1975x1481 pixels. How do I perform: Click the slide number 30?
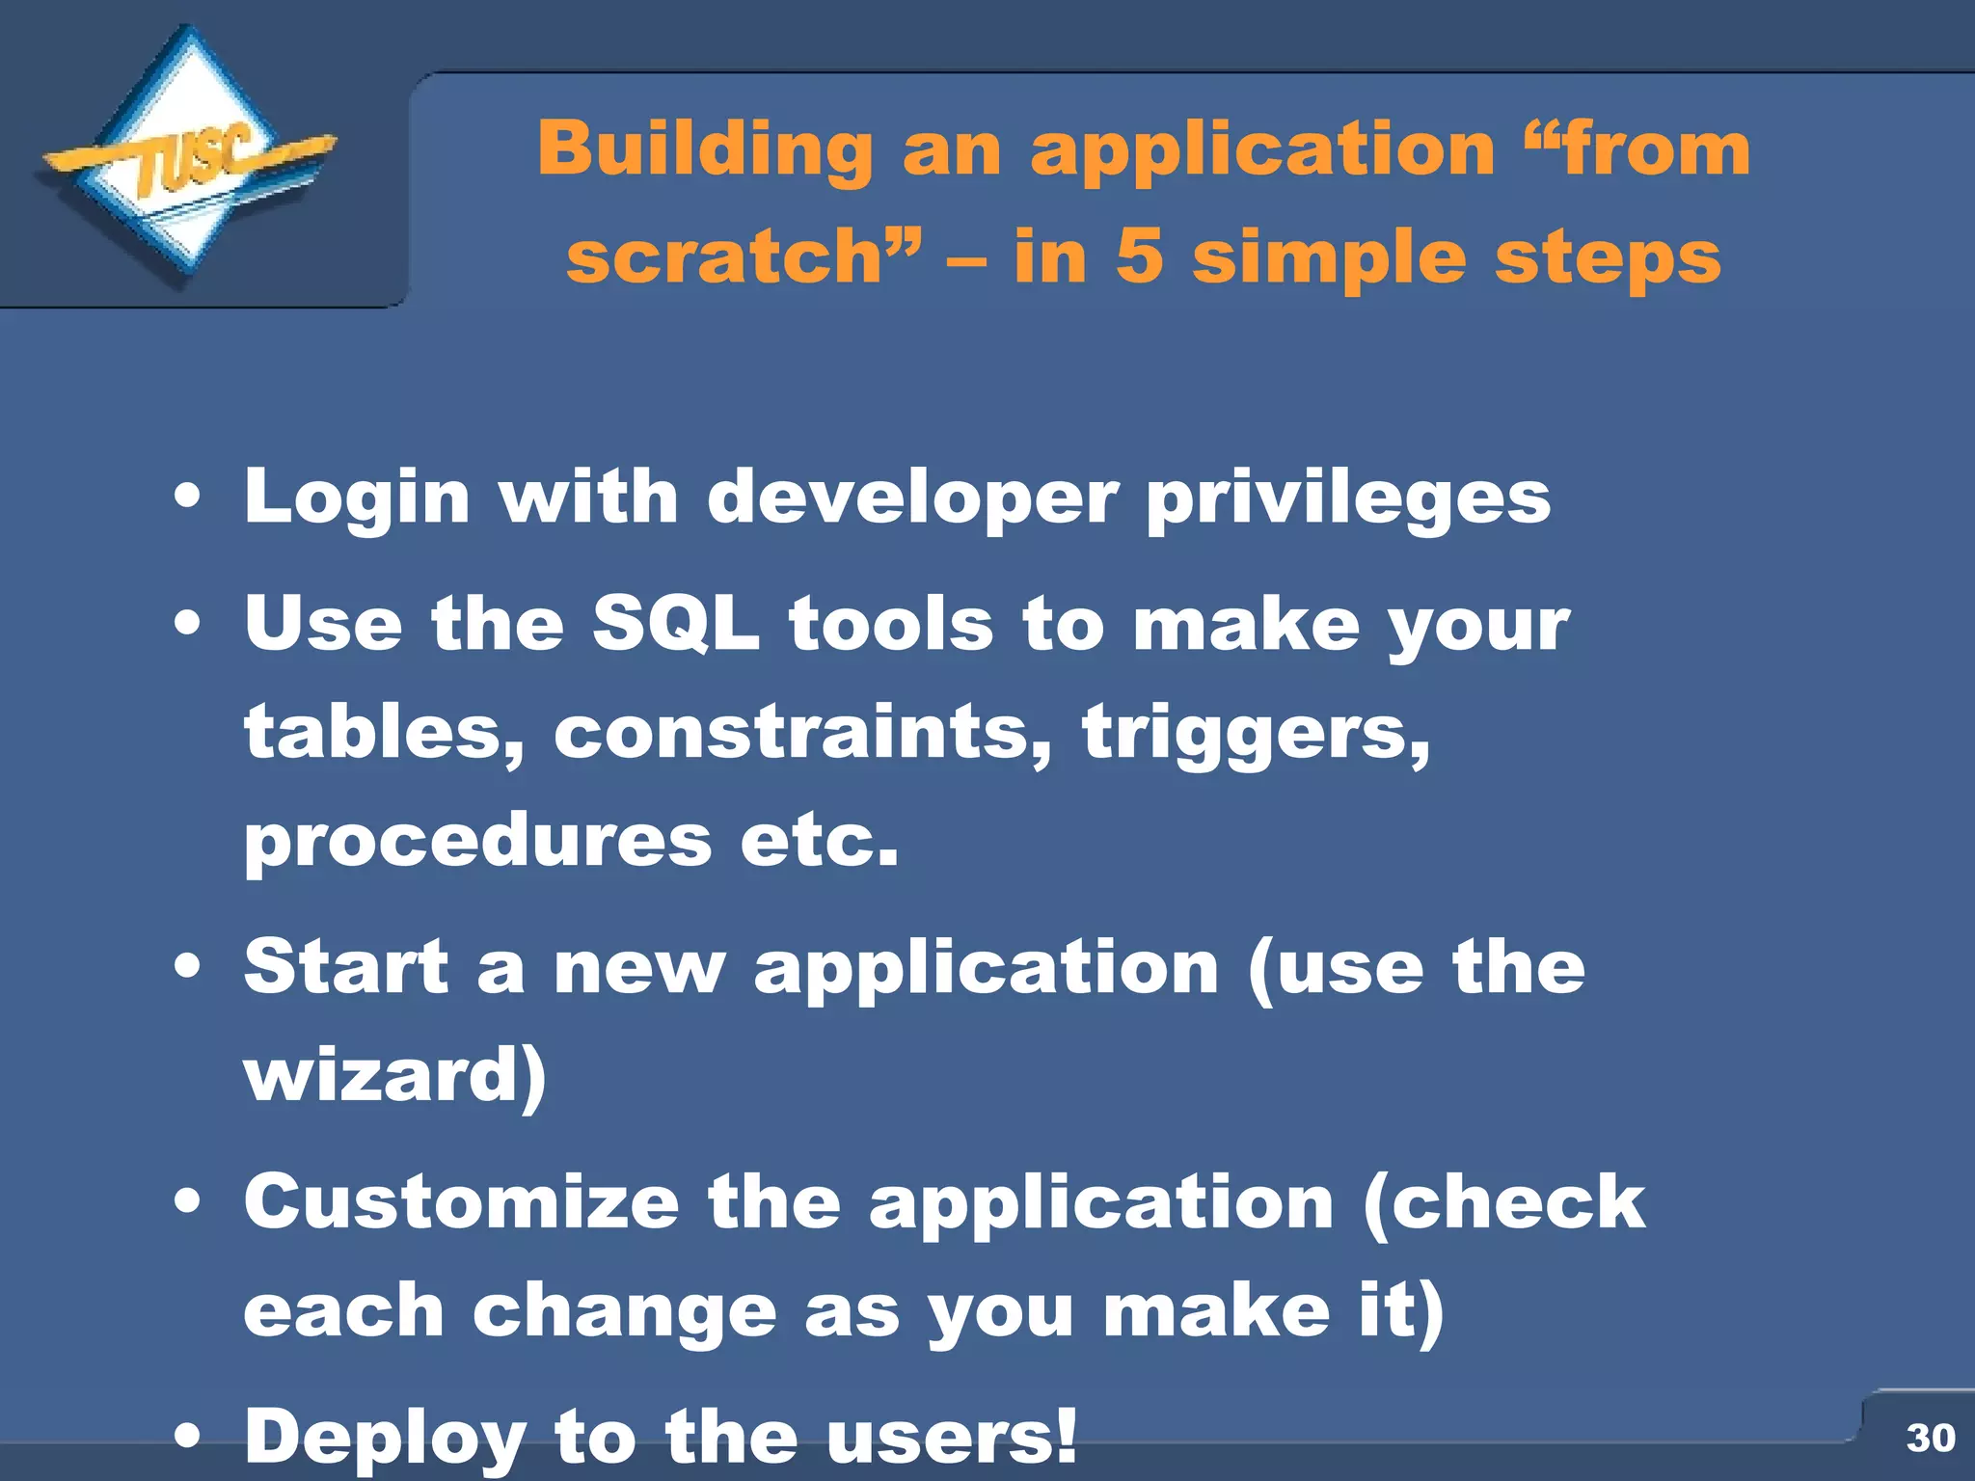click(x=1930, y=1438)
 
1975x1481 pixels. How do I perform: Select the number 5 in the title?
click(x=1139, y=257)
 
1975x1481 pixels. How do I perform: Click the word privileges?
click(x=1348, y=498)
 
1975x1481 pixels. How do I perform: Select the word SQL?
click(x=676, y=624)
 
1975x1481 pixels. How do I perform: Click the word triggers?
click(x=1254, y=732)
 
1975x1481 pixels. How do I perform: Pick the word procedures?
click(x=477, y=841)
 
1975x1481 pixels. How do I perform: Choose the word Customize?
click(x=462, y=1202)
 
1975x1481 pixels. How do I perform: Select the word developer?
click(x=912, y=498)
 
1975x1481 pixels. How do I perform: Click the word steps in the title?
click(x=1608, y=257)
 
